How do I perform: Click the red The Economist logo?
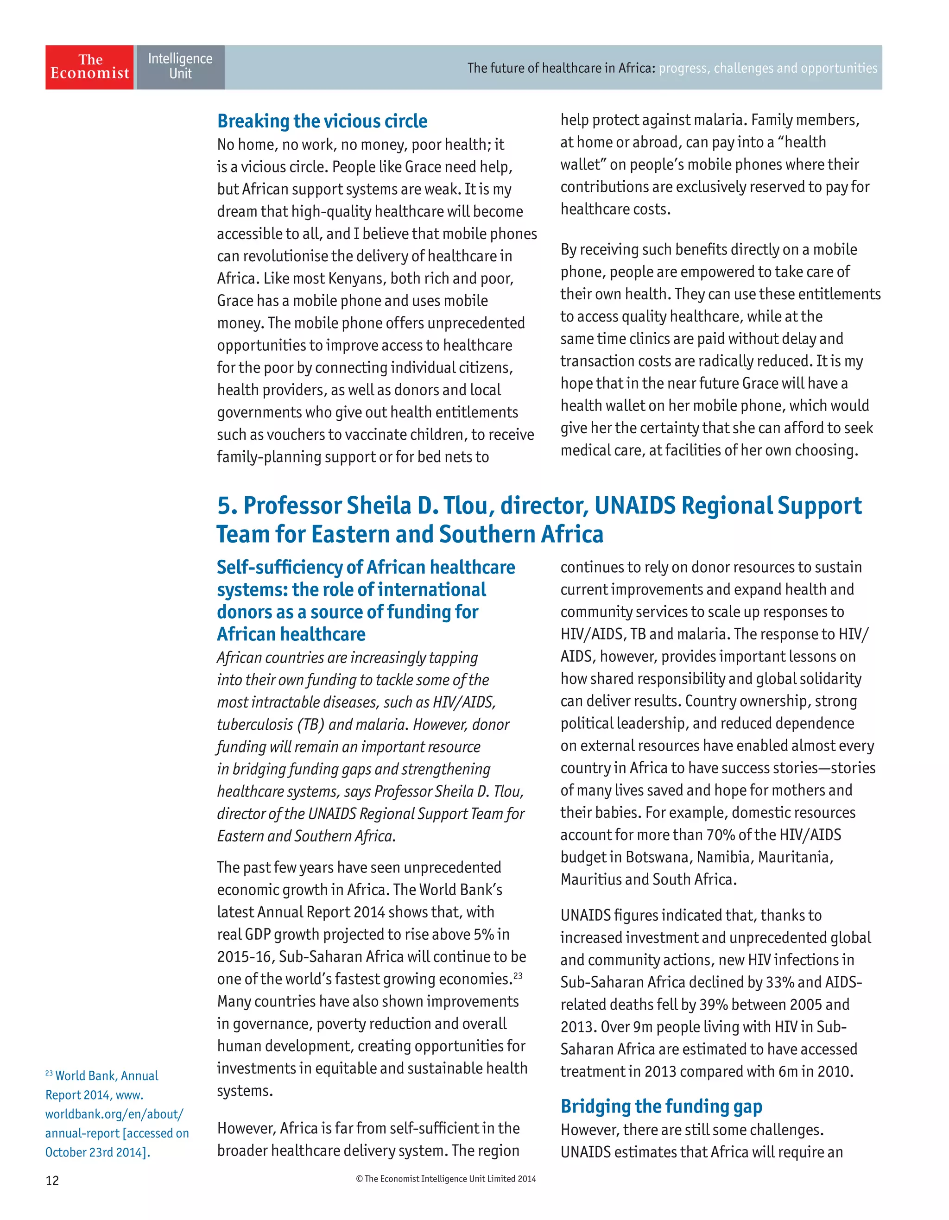click(89, 67)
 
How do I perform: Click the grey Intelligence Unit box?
click(180, 67)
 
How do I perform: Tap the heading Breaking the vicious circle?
click(323, 121)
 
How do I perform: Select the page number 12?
click(52, 1180)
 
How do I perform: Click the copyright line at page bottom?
click(446, 1179)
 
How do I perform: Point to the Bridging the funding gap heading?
click(661, 1106)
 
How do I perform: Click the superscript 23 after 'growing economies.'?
click(518, 975)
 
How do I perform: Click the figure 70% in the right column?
click(720, 834)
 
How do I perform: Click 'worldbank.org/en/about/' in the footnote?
click(114, 1114)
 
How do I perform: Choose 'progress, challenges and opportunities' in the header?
click(768, 68)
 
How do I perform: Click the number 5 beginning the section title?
click(225, 506)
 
